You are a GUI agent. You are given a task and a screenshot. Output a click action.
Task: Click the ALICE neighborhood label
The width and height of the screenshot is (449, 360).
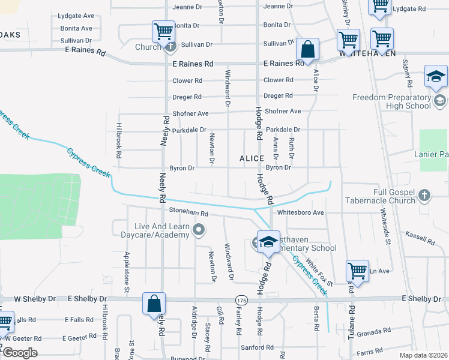point(252,158)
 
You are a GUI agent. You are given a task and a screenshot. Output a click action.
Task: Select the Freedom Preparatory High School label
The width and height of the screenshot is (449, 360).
point(391,101)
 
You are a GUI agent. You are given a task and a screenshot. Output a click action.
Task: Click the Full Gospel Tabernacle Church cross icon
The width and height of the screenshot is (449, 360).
point(424,195)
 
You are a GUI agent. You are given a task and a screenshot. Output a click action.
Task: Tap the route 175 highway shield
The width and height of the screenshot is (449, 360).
point(241,299)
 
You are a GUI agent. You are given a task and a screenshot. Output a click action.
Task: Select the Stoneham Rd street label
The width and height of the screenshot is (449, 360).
point(188,212)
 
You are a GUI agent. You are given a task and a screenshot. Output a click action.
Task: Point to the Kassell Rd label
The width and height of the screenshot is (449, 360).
point(420,238)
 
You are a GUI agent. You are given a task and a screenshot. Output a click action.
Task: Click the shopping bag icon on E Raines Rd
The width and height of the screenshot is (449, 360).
point(307,50)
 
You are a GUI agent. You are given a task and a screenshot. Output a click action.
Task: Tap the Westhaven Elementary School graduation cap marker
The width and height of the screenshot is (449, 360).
point(268,241)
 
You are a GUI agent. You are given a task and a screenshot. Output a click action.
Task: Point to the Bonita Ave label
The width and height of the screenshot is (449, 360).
point(75,28)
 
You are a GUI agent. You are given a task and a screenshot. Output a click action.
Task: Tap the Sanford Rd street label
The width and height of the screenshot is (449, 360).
point(257,347)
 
